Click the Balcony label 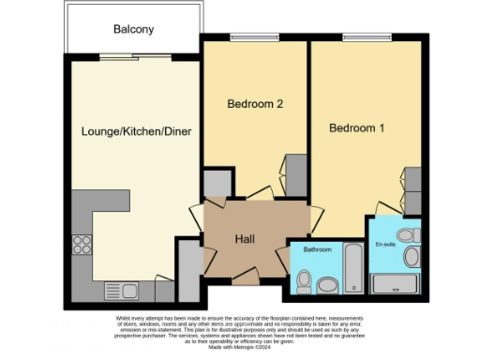click(133, 29)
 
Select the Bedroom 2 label click(255, 105)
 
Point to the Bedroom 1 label click(356, 127)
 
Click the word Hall click(246, 238)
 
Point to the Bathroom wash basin click(327, 284)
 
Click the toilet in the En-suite click(407, 235)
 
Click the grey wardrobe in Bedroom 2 click(295, 173)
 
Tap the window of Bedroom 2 click(255, 37)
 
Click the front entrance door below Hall click(246, 277)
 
